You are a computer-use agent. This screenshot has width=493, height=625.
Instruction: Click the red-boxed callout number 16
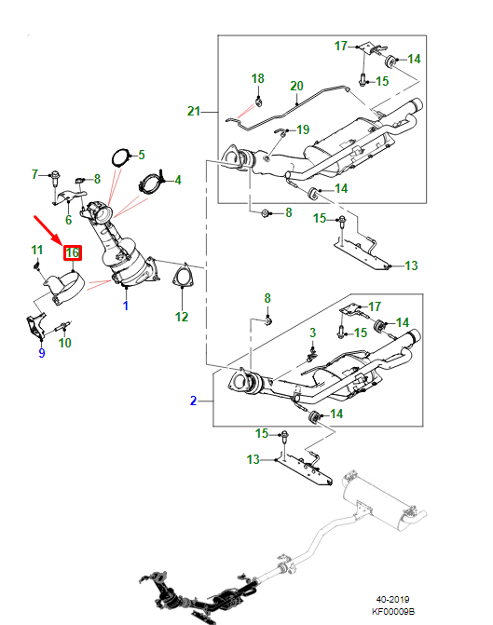[73, 252]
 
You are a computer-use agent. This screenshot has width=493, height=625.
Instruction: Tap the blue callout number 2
[193, 401]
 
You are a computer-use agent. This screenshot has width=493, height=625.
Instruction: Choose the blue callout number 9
[41, 353]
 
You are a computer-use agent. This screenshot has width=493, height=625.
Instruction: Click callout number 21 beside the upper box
[193, 112]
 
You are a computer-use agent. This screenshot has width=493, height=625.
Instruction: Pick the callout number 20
[296, 86]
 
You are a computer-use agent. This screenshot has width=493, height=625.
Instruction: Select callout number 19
[302, 129]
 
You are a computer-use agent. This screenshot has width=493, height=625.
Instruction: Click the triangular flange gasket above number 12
[181, 278]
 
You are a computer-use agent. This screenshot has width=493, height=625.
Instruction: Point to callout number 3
[313, 333]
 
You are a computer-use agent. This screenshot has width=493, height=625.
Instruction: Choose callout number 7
[35, 174]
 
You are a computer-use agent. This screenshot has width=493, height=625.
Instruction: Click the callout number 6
[68, 222]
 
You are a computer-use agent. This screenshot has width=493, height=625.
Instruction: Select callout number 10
[64, 343]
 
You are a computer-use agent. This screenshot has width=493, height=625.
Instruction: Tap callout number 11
[36, 250]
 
